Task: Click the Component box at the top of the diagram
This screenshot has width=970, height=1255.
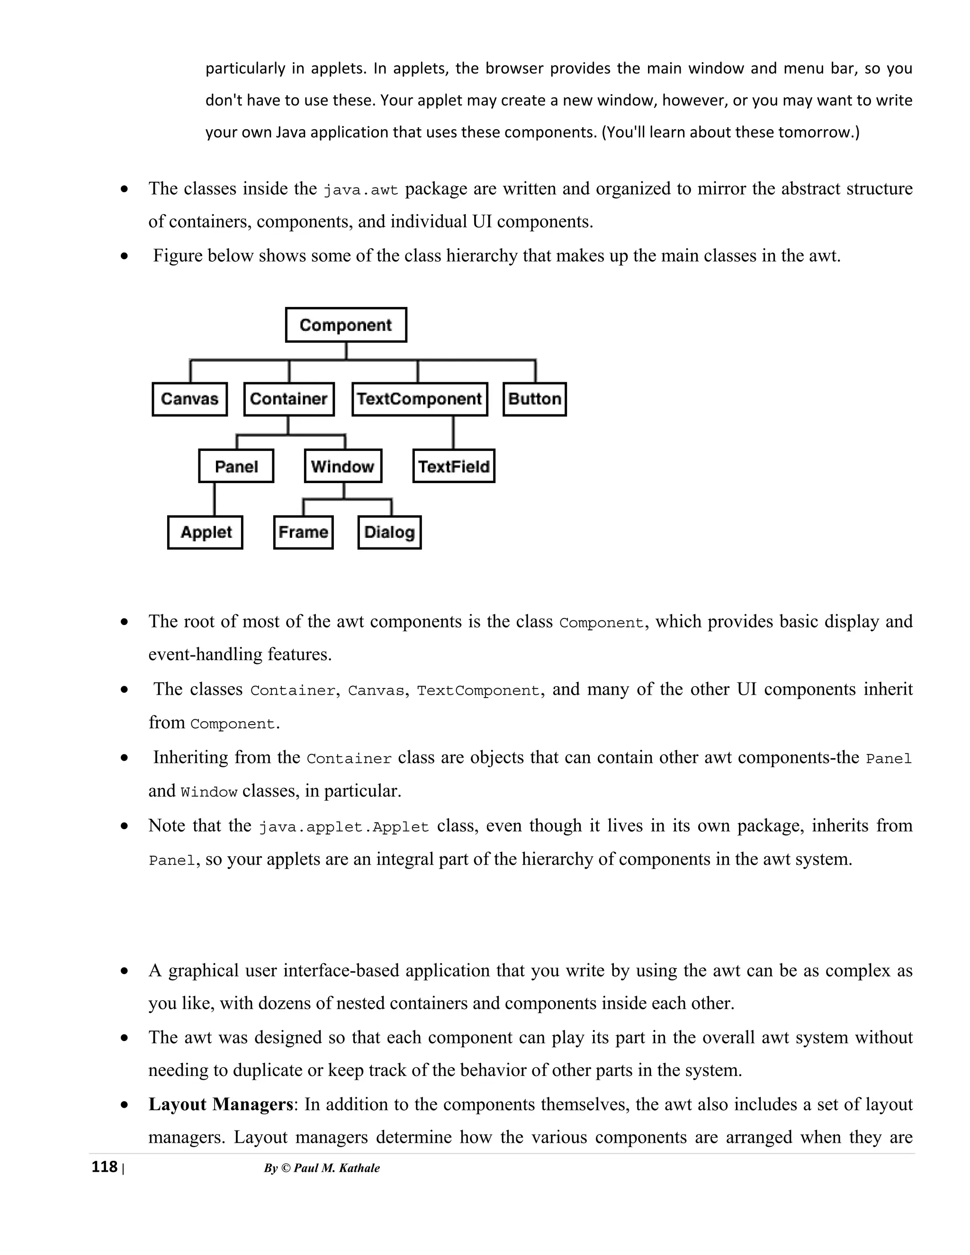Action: tap(346, 325)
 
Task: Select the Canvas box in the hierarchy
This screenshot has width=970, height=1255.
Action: tap(189, 399)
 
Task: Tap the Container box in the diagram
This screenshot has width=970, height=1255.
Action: tap(288, 399)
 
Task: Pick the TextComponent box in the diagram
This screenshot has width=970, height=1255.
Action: tap(420, 399)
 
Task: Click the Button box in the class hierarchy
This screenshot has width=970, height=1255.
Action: tap(534, 399)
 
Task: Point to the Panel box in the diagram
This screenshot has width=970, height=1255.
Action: tap(236, 466)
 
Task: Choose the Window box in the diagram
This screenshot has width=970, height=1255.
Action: tap(343, 466)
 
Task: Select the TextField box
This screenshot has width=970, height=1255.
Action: tap(453, 466)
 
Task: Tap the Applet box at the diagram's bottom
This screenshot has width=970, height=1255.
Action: tap(205, 532)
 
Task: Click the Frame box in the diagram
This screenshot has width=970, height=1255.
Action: tap(304, 532)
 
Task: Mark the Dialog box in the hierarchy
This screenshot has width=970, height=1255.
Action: tap(390, 532)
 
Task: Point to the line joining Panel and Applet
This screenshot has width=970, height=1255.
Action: tap(215, 499)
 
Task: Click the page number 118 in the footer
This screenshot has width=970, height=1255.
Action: tap(105, 1167)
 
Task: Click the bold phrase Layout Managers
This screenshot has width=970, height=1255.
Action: tap(221, 1104)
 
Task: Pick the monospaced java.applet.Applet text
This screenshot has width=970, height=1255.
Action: tap(344, 827)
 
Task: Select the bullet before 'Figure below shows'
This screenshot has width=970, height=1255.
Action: tap(125, 256)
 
